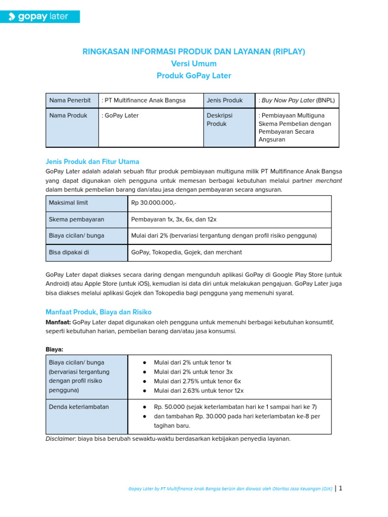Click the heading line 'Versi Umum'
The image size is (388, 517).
tap(194, 64)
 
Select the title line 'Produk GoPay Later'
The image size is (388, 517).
tap(194, 76)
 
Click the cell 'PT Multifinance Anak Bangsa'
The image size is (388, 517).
tap(143, 100)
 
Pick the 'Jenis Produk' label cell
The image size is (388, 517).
tap(225, 100)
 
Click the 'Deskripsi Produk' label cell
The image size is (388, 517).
tap(219, 120)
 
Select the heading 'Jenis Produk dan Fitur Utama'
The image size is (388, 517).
tap(92, 162)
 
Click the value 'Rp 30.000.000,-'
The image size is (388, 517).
tap(154, 203)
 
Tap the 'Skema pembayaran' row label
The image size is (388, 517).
tap(76, 220)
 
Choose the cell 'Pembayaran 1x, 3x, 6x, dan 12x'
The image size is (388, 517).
tap(174, 220)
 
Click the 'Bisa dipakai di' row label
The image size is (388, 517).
tap(69, 252)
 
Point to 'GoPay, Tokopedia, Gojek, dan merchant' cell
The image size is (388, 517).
tap(186, 252)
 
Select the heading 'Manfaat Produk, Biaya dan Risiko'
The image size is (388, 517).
tap(99, 312)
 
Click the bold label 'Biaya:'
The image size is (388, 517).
tap(55, 349)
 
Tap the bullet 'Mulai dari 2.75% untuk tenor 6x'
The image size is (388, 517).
tap(197, 381)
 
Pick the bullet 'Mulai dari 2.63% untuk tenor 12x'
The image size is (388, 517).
tap(199, 391)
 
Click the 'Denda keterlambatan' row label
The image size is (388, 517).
tap(79, 407)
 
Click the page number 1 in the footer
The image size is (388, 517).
tap(341, 489)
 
